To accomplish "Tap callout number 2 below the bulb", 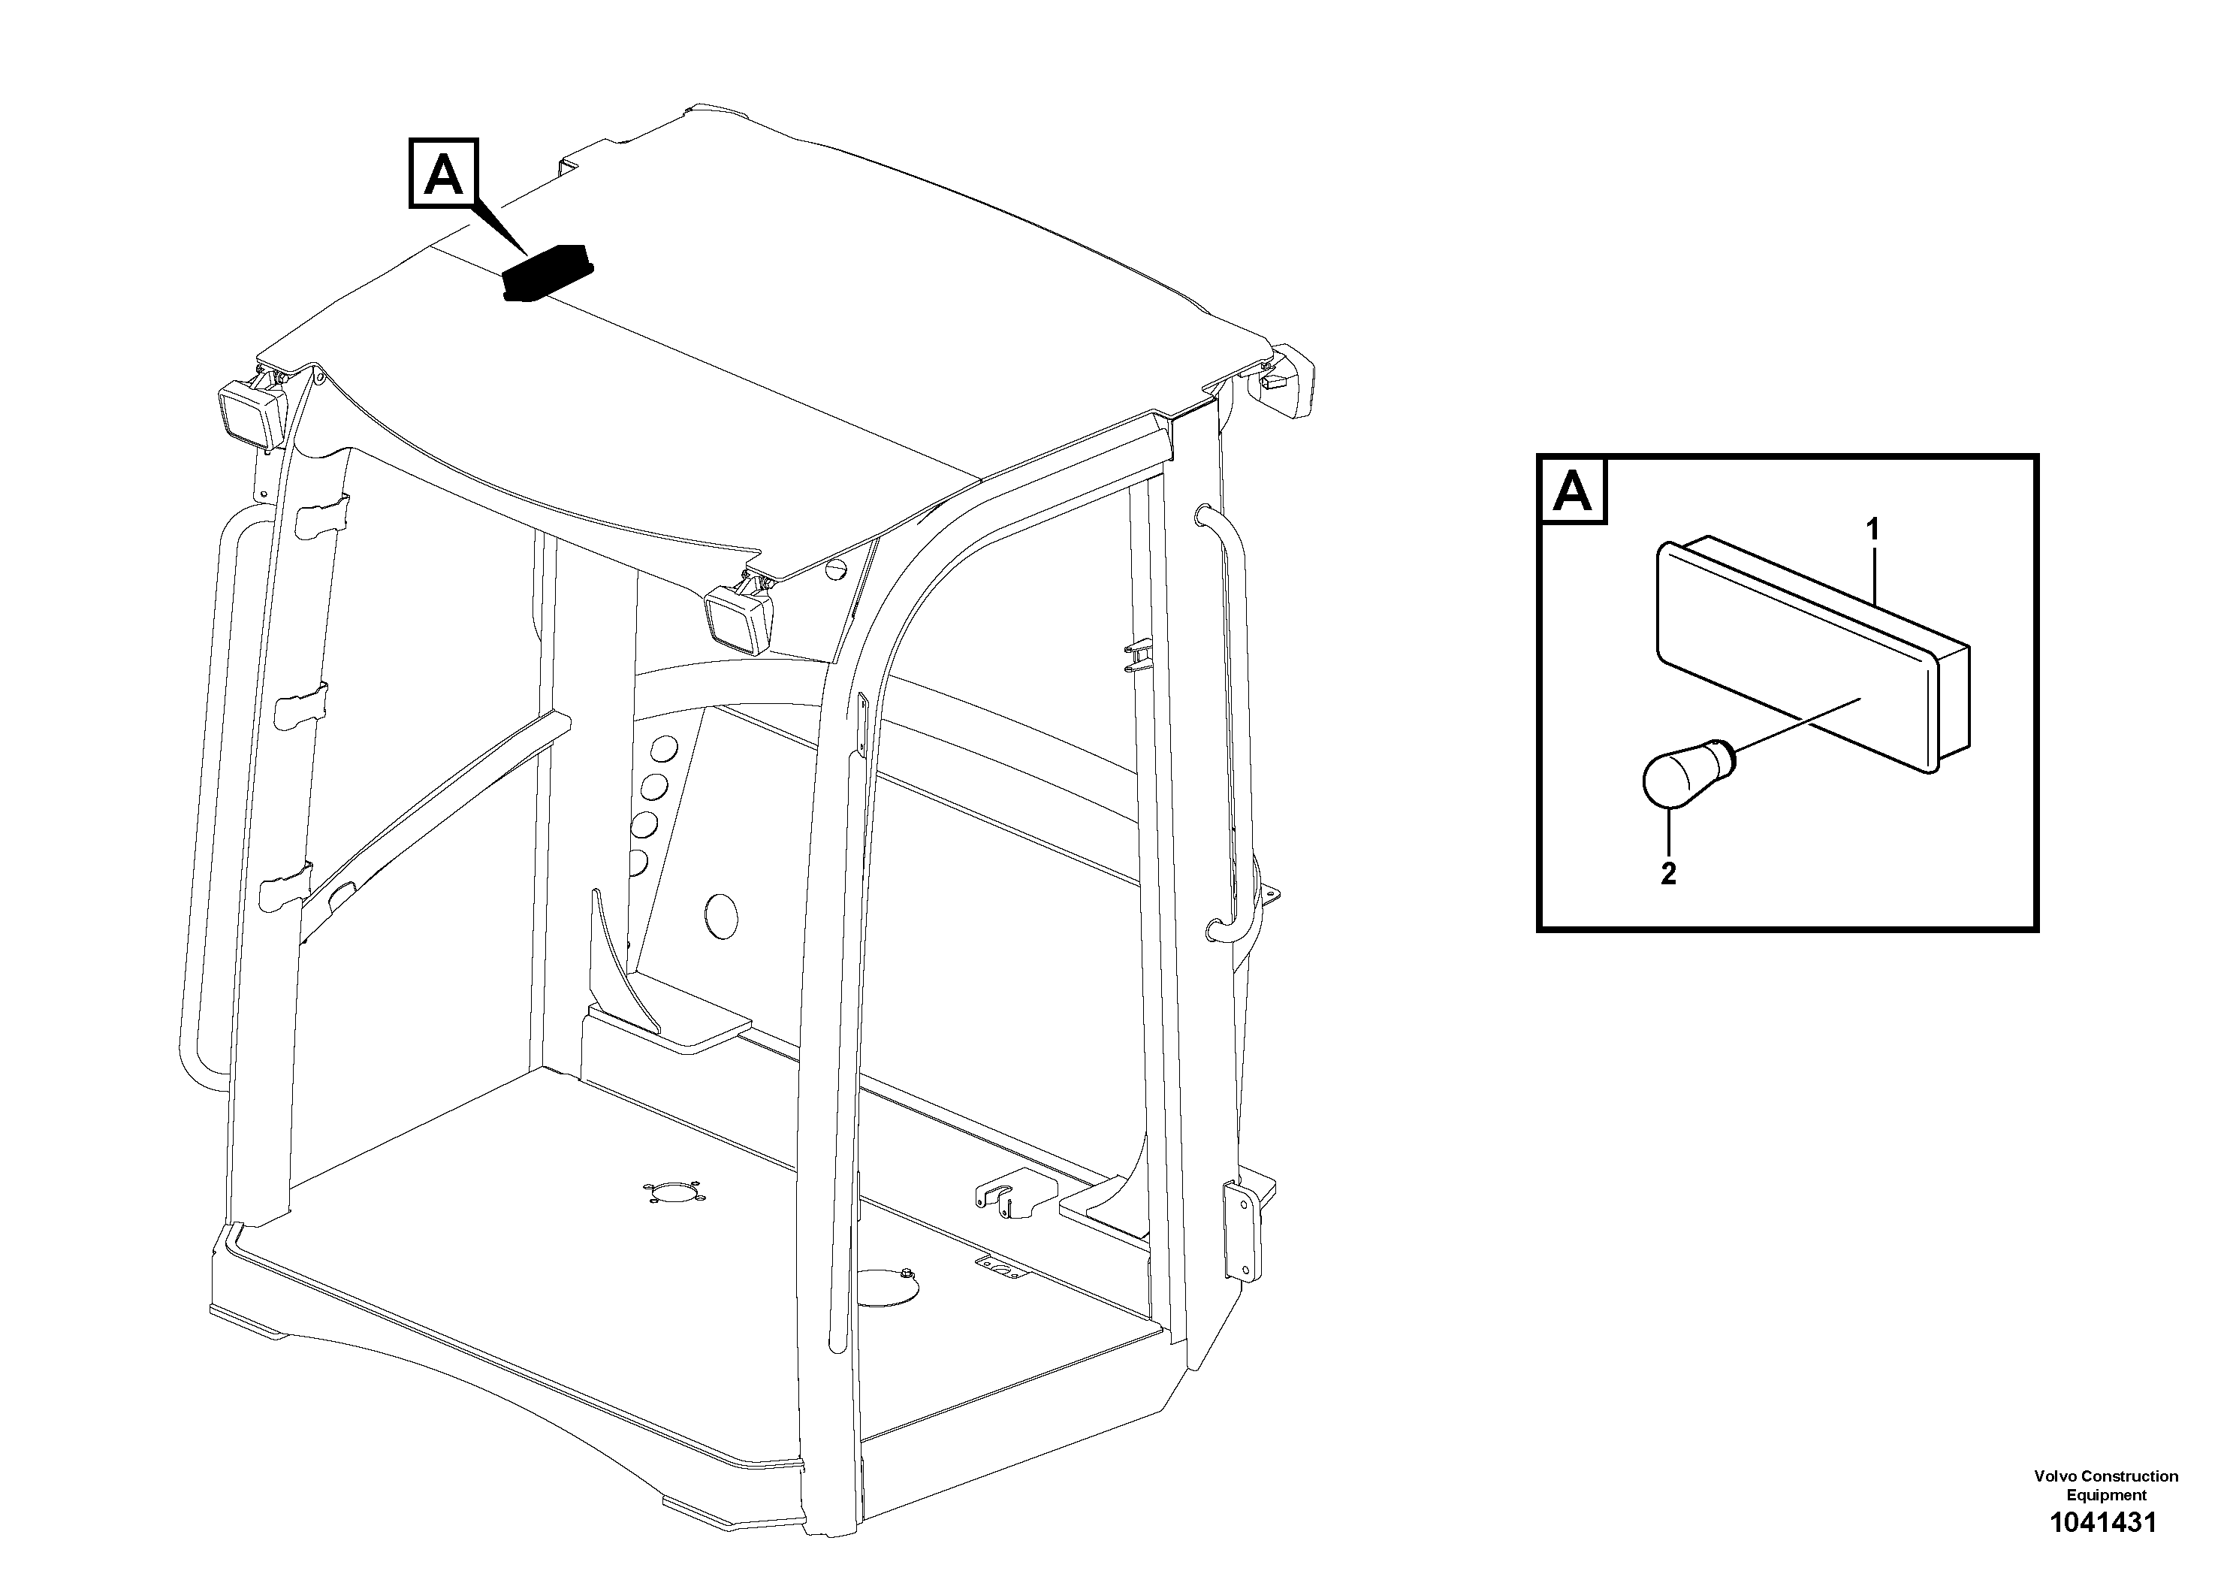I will click(x=1668, y=874).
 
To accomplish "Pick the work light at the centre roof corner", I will click(x=738, y=615).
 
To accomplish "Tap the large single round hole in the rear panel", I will click(x=720, y=916).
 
